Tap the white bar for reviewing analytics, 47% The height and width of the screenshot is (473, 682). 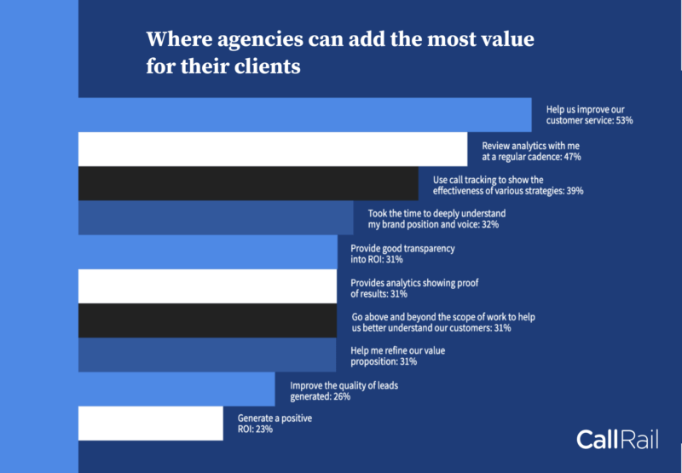[273, 149]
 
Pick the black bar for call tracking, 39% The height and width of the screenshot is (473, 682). [248, 184]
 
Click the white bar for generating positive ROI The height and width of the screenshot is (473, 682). [150, 423]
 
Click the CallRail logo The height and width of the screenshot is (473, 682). [616, 439]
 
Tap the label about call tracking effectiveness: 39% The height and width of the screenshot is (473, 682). [507, 185]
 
